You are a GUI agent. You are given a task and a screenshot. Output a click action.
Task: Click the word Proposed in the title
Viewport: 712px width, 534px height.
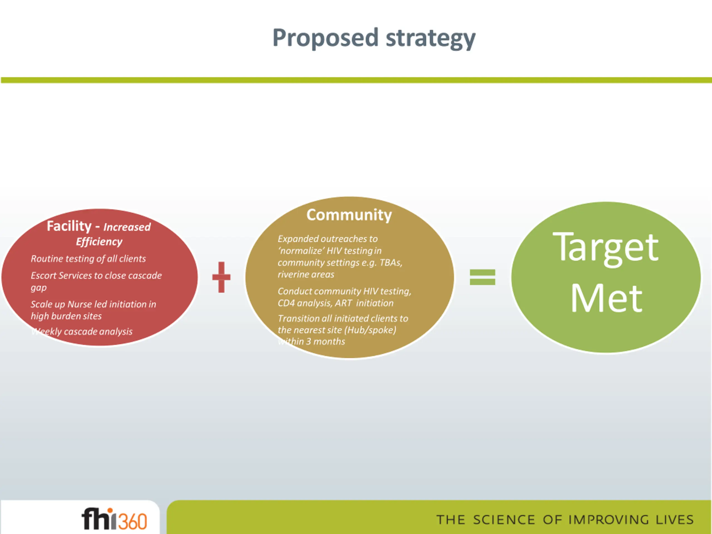[x=325, y=38]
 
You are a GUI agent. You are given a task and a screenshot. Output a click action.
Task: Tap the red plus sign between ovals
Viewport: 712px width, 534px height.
[x=221, y=277]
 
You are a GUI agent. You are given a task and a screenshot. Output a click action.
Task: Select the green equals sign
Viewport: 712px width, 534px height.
[x=483, y=277]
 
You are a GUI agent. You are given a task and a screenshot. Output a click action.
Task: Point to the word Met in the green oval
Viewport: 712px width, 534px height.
[x=606, y=298]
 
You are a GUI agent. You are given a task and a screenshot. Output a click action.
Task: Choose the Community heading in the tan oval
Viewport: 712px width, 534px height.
[x=349, y=215]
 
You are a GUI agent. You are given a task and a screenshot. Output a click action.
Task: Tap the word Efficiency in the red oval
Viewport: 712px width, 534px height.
[x=99, y=241]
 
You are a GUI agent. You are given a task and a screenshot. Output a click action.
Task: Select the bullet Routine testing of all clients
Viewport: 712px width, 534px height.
[x=88, y=259]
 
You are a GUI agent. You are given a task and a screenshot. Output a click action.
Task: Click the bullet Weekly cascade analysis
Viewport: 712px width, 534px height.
[x=82, y=332]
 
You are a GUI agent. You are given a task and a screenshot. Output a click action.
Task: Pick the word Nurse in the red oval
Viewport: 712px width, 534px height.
[x=79, y=304]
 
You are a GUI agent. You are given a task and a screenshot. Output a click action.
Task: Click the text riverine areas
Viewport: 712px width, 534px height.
[x=306, y=275]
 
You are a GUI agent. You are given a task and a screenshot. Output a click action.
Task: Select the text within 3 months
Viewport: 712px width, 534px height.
[x=311, y=342]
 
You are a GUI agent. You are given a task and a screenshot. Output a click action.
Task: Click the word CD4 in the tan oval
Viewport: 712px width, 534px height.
[x=286, y=303]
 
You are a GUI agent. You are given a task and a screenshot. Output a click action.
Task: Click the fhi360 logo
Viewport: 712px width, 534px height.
[x=114, y=519]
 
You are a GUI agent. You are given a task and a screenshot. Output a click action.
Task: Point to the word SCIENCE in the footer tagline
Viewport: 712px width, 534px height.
[x=504, y=520]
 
